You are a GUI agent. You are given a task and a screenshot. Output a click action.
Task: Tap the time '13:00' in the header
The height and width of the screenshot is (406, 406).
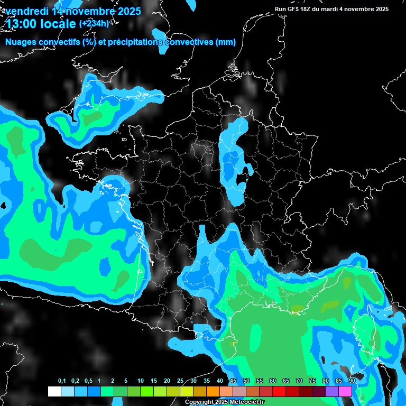24,24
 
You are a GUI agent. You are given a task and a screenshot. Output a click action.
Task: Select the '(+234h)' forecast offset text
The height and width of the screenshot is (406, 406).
94,23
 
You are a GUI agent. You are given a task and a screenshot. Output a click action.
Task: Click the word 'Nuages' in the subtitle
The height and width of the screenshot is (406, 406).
21,42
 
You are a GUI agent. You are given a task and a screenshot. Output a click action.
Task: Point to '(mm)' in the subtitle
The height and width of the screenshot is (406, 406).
225,42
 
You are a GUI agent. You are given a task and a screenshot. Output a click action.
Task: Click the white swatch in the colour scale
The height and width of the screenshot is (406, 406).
54,391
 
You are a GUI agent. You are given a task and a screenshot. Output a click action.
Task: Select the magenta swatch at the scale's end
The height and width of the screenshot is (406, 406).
345,391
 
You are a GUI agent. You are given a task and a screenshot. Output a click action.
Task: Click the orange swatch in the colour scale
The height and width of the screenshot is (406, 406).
213,391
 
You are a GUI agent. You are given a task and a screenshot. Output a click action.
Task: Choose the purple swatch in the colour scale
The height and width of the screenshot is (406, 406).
332,391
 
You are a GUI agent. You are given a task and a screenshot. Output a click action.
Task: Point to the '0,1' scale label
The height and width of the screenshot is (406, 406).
62,381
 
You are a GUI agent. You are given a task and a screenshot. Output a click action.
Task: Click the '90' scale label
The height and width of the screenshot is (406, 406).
352,381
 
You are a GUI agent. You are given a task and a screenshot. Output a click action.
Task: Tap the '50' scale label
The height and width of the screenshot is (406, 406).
246,381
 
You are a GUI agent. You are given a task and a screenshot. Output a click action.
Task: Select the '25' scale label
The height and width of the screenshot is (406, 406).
180,381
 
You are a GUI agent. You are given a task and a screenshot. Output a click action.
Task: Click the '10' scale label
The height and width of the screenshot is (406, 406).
141,381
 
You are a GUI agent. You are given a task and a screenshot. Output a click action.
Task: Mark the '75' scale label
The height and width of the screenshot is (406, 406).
312,381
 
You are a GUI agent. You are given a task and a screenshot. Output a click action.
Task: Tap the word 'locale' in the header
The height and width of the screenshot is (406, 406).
60,24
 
